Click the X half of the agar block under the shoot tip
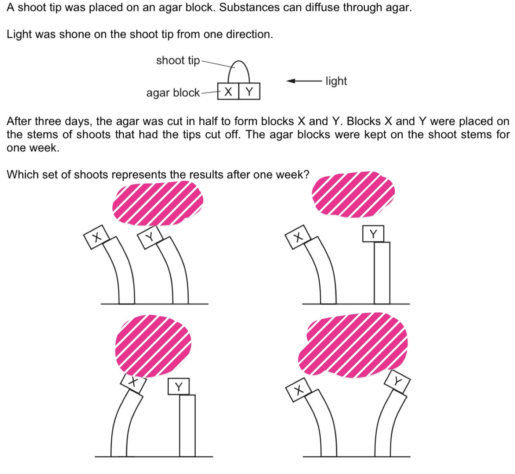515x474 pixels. pyautogui.click(x=228, y=91)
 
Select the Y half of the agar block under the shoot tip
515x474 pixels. pyautogui.click(x=249, y=91)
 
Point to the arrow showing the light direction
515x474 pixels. pyautogui.click(x=304, y=81)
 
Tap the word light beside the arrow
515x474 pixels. pyautogui.click(x=336, y=81)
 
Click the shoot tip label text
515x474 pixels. pyautogui.click(x=178, y=61)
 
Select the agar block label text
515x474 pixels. pyautogui.click(x=173, y=93)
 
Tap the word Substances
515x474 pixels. pyautogui.click(x=249, y=7)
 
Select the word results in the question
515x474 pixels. pyautogui.click(x=204, y=175)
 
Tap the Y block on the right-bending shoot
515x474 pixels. pyautogui.click(x=397, y=381)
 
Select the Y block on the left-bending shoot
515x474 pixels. pyautogui.click(x=150, y=237)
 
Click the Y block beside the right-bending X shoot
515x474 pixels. pyautogui.click(x=179, y=386)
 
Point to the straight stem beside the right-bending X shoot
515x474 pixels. pyautogui.click(x=188, y=425)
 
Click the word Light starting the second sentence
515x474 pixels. pyautogui.click(x=18, y=34)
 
